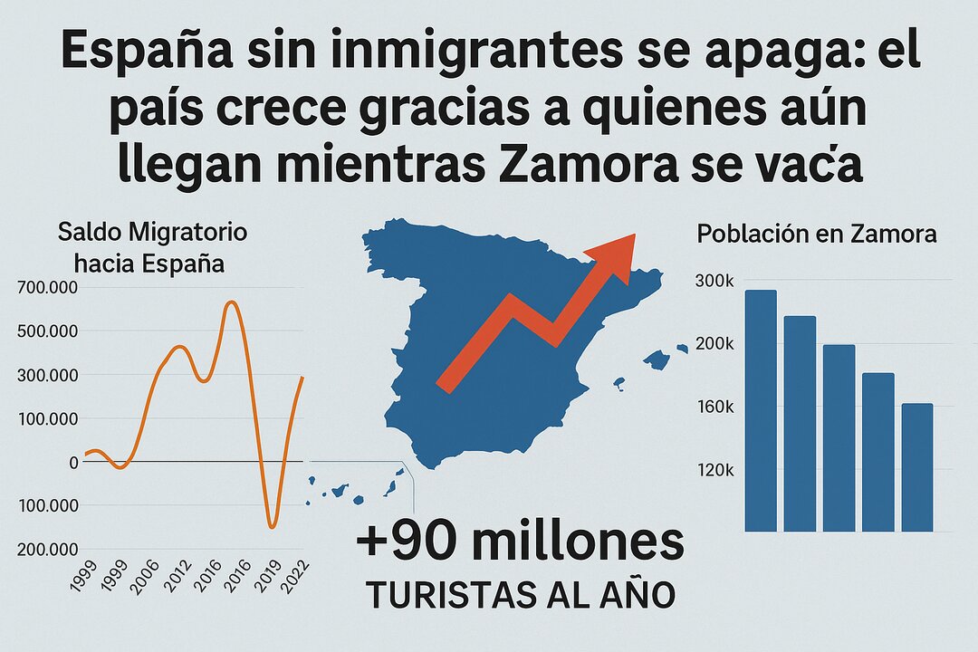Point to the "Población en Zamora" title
coord(817,234)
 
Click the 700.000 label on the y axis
coord(47,289)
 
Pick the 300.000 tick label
coord(47,376)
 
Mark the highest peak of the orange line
coord(232,303)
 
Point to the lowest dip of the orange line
coord(272,525)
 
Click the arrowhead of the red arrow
coord(616,250)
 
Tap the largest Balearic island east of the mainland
coord(657,360)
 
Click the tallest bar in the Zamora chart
coord(761,410)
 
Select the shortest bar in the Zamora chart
coord(917,467)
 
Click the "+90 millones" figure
coord(520,542)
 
